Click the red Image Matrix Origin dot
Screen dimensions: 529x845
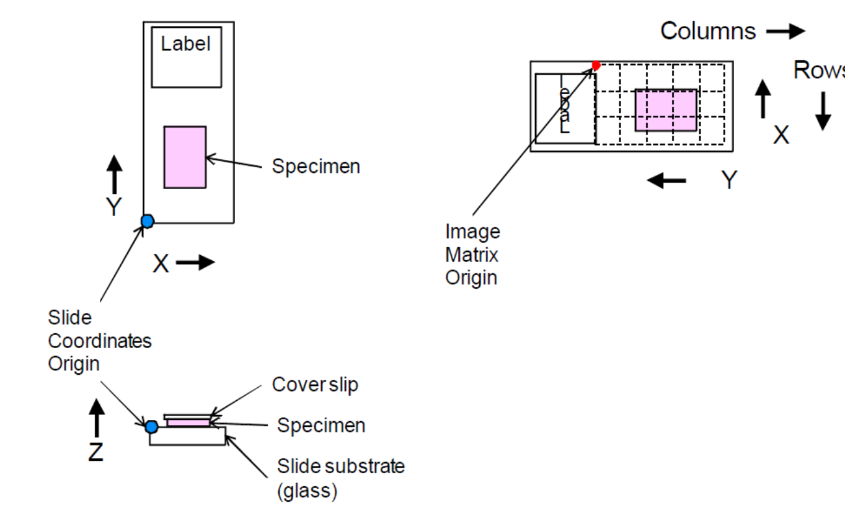[x=596, y=65]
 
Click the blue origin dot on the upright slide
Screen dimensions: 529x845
[x=147, y=221]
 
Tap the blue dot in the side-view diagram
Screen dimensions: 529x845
[x=151, y=426]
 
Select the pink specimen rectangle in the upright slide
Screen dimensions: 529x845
[x=185, y=157]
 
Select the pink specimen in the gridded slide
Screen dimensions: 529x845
[x=665, y=110]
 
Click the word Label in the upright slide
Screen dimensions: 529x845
[x=185, y=44]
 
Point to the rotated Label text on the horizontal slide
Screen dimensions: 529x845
[x=564, y=105]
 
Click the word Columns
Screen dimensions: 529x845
[x=708, y=31]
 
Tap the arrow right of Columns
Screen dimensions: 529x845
[x=785, y=32]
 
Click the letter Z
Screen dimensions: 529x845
[x=95, y=452]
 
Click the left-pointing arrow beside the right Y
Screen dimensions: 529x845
[x=666, y=180]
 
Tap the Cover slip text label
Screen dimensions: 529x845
[x=315, y=385]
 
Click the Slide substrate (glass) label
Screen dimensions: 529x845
[x=340, y=478]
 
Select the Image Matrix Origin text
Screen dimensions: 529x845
[x=472, y=255]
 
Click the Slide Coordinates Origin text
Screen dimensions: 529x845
[x=99, y=341]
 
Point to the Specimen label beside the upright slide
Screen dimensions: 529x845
[x=316, y=167]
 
